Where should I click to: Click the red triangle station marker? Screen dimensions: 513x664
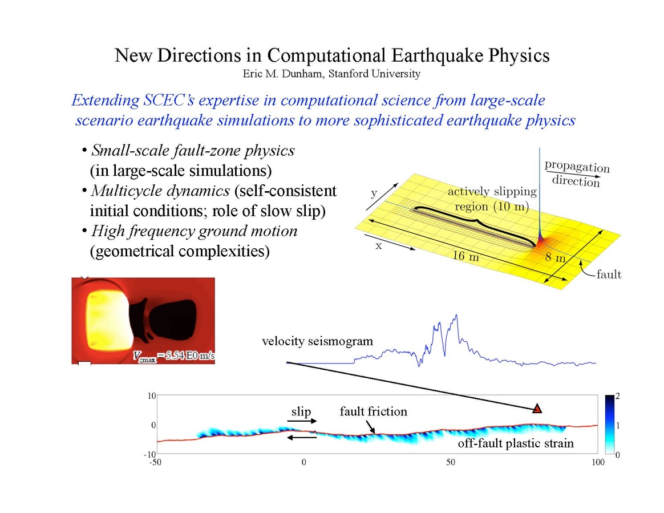click(x=537, y=408)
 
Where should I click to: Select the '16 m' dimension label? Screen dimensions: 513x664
click(x=466, y=256)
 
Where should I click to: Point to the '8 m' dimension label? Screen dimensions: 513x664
click(x=556, y=257)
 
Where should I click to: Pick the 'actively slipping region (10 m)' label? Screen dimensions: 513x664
click(x=491, y=199)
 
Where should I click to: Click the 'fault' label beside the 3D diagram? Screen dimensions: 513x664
click(x=608, y=275)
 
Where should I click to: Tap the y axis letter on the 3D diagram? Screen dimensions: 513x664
click(x=374, y=193)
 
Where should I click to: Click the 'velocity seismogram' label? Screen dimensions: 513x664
click(x=317, y=342)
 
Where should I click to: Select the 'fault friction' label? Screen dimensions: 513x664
click(x=374, y=411)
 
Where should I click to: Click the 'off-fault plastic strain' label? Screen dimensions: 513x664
click(x=516, y=443)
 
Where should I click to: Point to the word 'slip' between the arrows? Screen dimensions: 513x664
click(x=301, y=411)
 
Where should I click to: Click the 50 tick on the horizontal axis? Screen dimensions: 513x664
click(x=450, y=462)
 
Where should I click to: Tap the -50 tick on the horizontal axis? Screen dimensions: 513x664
click(x=156, y=462)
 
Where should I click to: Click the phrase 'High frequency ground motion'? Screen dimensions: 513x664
click(x=194, y=231)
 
